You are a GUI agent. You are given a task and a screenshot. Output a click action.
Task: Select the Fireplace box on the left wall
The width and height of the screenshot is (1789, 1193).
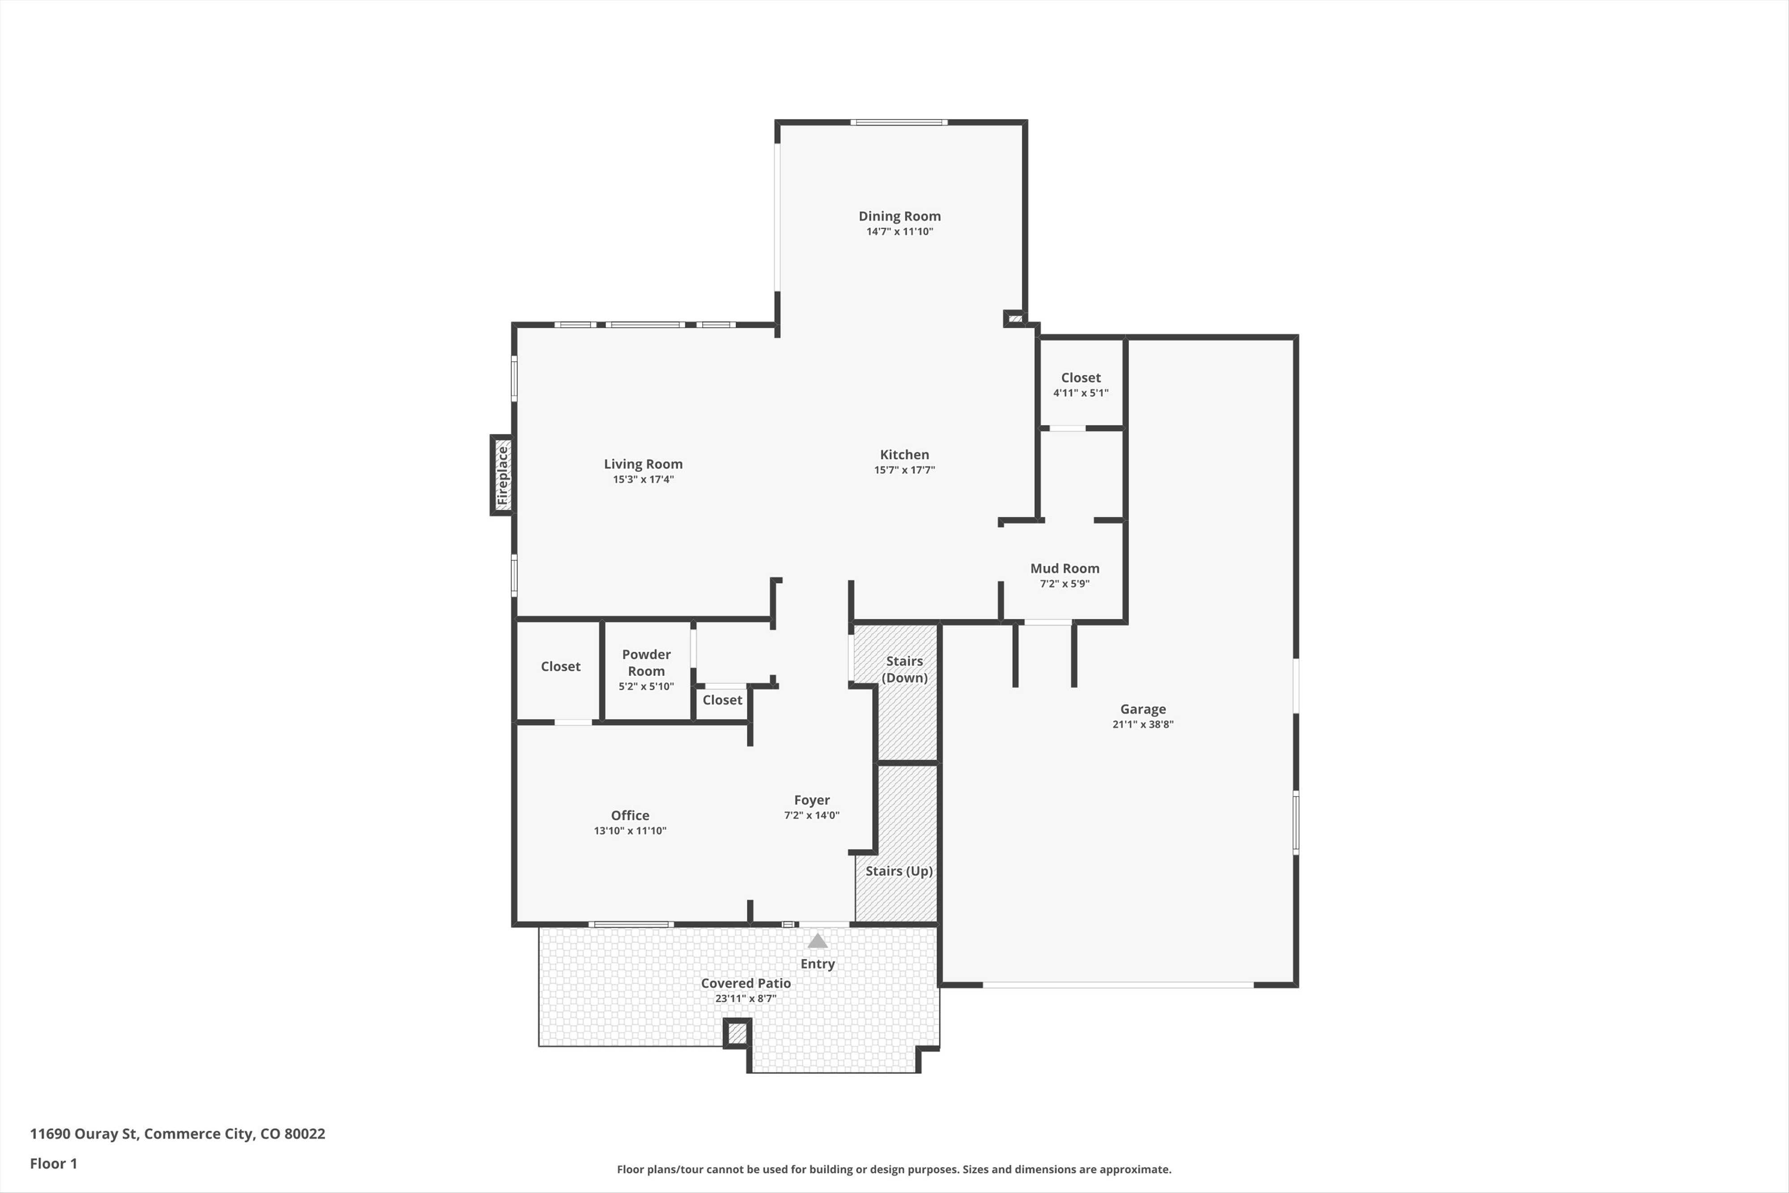[x=502, y=476]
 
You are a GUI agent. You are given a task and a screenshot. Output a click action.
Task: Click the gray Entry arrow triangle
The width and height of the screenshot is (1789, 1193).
[x=817, y=941]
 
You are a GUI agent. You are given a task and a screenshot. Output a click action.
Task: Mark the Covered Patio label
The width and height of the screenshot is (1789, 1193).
[x=746, y=983]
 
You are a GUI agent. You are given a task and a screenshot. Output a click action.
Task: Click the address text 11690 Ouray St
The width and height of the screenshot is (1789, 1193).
[x=177, y=1134]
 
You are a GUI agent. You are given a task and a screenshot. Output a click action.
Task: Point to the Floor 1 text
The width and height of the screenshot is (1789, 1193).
[x=53, y=1163]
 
